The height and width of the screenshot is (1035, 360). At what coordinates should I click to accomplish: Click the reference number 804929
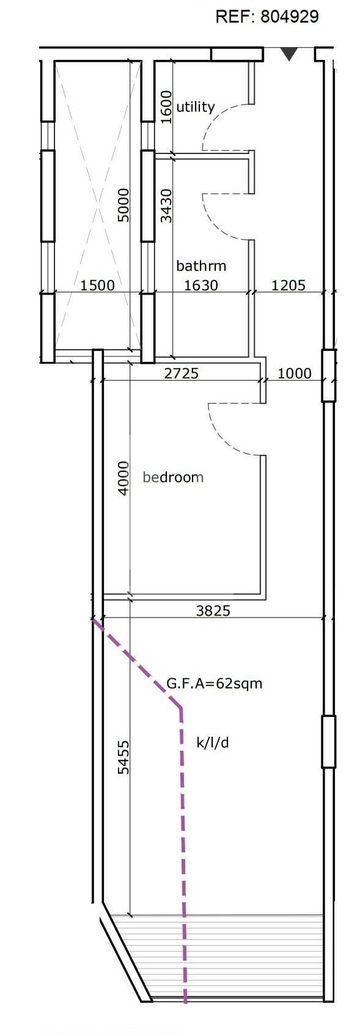coord(289,17)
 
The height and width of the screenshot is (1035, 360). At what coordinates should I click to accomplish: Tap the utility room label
coord(196,107)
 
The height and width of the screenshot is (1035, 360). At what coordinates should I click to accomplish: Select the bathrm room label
coord(201,266)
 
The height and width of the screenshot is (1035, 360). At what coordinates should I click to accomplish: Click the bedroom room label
coord(173,477)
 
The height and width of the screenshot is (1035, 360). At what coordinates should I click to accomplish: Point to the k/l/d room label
coord(213,743)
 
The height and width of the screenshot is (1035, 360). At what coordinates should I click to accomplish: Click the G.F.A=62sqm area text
coord(215,683)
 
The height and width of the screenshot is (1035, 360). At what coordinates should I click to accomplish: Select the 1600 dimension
coord(166,107)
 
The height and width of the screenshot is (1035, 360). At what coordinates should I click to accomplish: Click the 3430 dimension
coord(166,205)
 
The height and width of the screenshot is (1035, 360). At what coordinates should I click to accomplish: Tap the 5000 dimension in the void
coord(123,205)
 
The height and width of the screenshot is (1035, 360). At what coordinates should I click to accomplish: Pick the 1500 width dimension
coord(98,285)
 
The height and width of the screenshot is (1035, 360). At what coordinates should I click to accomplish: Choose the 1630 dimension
coord(201,285)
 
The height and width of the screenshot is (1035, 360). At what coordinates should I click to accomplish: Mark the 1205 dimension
coord(288,285)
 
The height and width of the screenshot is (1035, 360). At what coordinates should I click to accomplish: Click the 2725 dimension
coord(182,373)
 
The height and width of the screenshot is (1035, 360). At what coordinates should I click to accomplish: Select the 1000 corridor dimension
coord(295,373)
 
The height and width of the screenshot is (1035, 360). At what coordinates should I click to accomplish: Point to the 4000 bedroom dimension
coord(123,478)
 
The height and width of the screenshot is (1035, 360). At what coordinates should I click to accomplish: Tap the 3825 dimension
coord(213,610)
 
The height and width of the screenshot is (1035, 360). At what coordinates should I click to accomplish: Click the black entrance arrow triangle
coord(289,55)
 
